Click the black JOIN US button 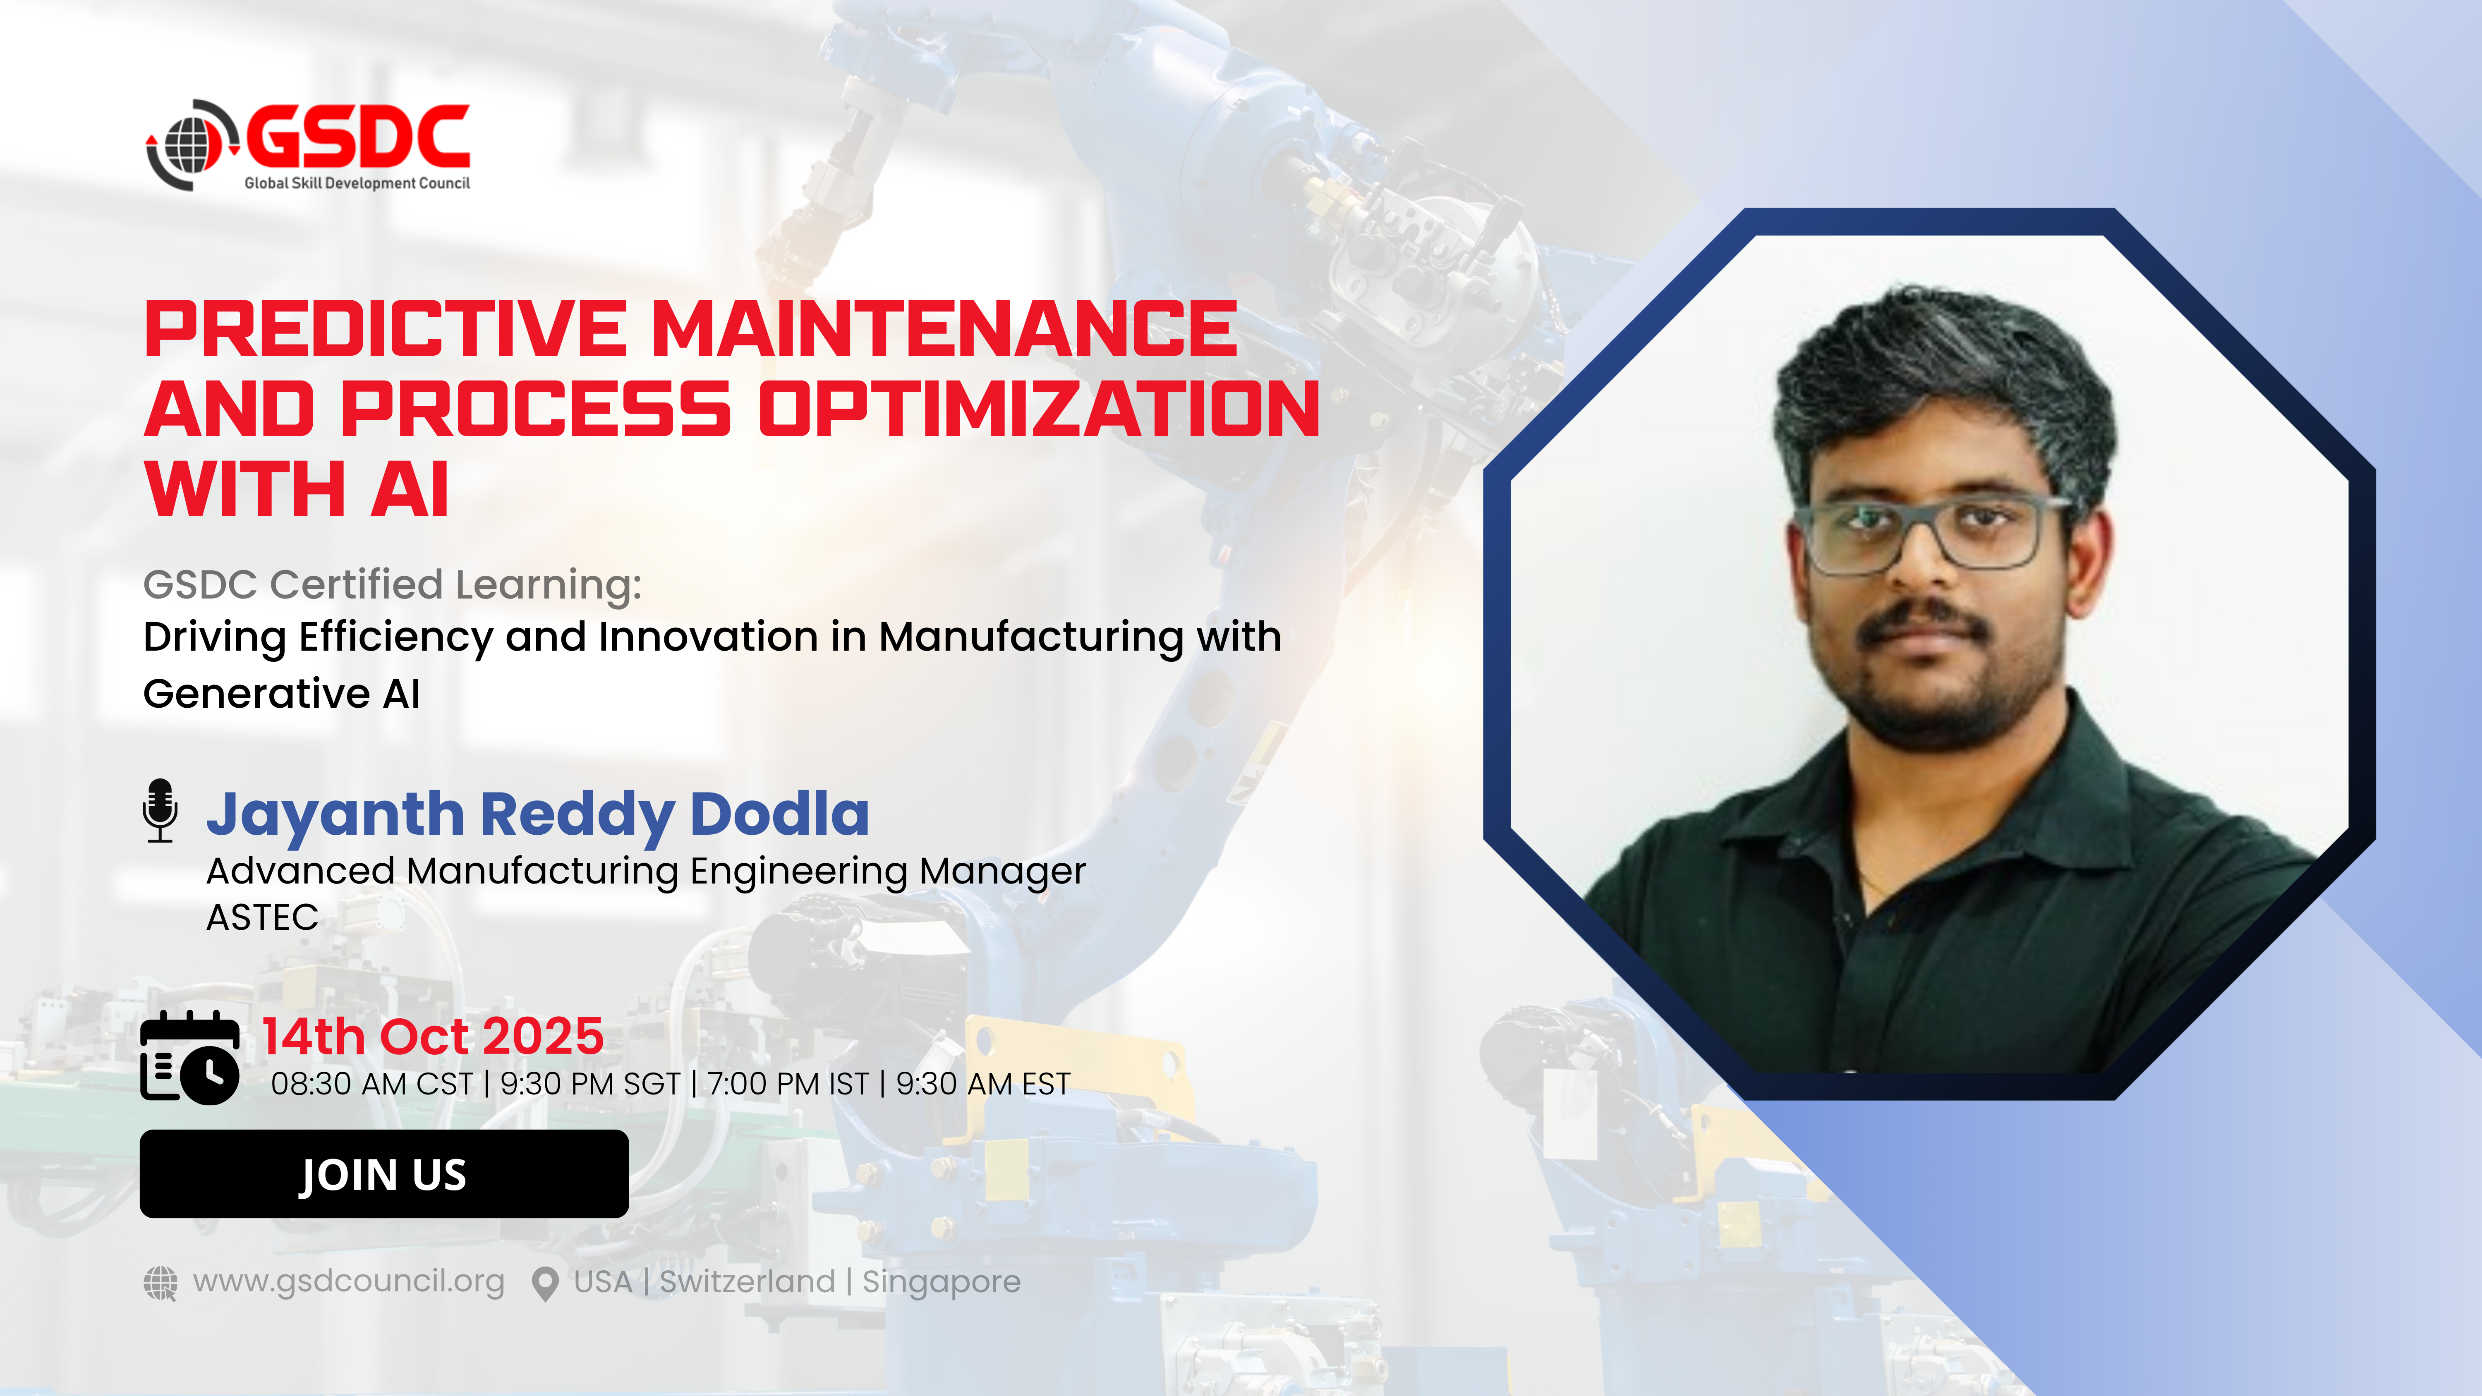(383, 1173)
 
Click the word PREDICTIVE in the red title (386, 330)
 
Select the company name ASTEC (262, 917)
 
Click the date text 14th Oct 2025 (433, 1037)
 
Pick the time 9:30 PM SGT (589, 1084)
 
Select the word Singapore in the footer (942, 1282)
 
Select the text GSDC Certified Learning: (392, 585)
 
